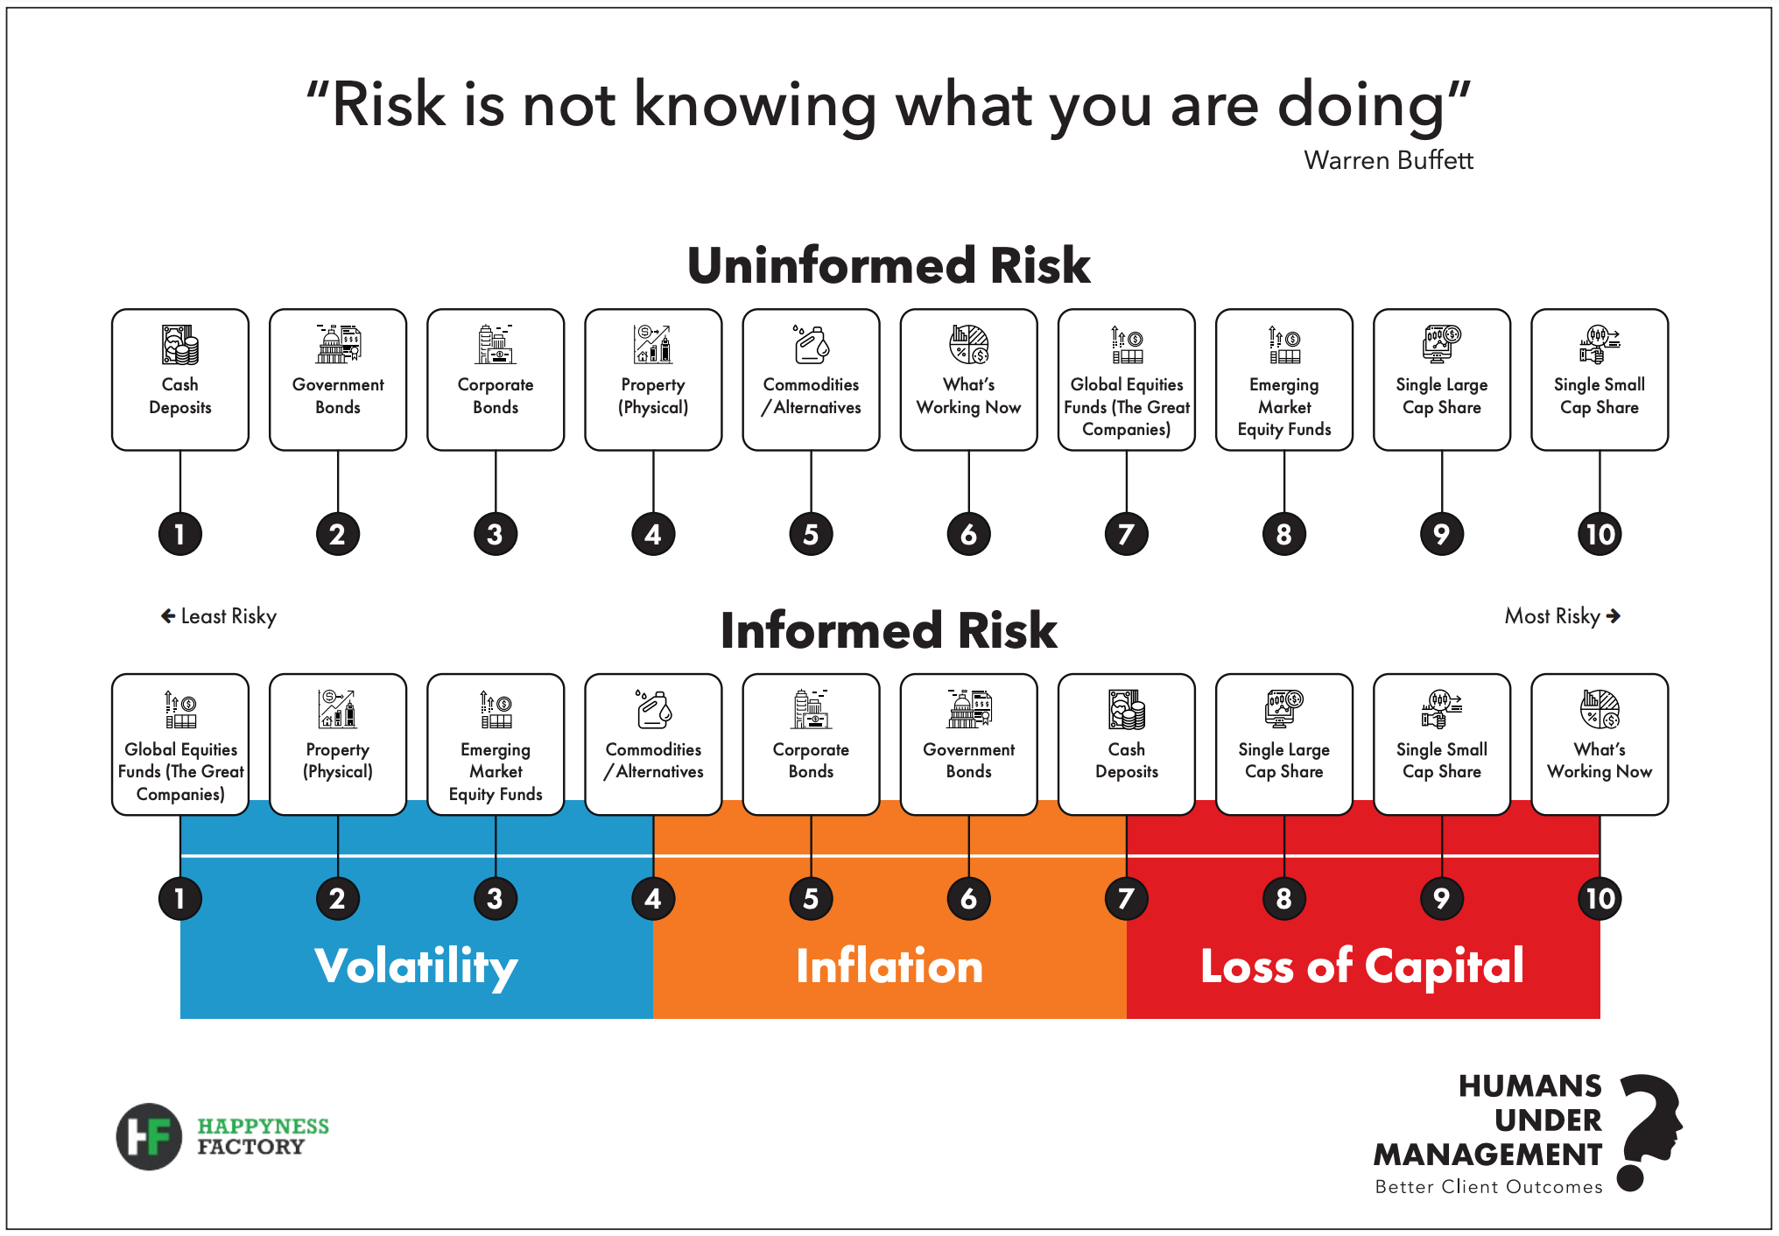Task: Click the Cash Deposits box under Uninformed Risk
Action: [180, 380]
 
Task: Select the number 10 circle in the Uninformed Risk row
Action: [1600, 534]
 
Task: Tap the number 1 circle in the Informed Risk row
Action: [180, 899]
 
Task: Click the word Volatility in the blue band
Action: [416, 967]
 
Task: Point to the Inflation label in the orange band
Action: [889, 966]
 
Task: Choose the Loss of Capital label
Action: [1362, 966]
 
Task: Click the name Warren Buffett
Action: [1389, 160]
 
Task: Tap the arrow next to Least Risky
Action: [168, 616]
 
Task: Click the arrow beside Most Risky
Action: [1614, 616]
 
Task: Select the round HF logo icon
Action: [149, 1136]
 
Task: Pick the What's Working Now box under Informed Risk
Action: [1600, 744]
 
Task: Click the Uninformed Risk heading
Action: [889, 265]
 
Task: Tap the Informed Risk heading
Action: [889, 630]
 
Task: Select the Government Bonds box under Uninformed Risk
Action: [338, 380]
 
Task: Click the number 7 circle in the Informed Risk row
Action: [1127, 899]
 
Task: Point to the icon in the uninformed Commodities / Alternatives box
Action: [812, 344]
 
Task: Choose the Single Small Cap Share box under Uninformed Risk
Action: [1600, 380]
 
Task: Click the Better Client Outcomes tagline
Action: [1488, 1187]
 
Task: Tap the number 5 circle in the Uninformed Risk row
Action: [812, 534]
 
